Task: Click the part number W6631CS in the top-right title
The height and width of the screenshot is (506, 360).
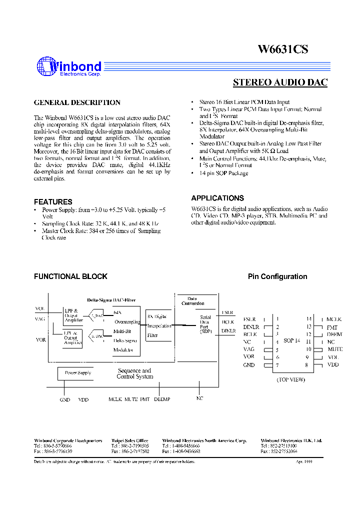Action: [x=282, y=49]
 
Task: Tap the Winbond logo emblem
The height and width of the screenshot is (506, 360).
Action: [x=45, y=67]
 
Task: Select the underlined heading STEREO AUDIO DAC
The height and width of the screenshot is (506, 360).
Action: [x=280, y=82]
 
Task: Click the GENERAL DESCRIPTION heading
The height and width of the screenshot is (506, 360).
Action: [x=77, y=102]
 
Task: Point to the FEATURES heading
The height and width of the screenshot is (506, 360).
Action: [x=53, y=201]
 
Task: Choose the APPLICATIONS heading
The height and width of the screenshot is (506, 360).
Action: [x=217, y=198]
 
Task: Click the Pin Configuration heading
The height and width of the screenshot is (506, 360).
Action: [x=277, y=276]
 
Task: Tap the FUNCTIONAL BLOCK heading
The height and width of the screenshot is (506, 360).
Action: [x=70, y=276]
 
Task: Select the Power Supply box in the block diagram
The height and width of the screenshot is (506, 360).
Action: [x=78, y=372]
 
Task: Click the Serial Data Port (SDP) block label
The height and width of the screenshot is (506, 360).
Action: [x=205, y=324]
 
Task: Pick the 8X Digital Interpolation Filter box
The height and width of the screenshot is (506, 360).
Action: [x=159, y=325]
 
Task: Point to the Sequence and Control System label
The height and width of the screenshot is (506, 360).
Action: [x=134, y=373]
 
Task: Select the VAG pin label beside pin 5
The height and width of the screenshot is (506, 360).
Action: [x=249, y=349]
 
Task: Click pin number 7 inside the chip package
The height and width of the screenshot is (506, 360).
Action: [x=277, y=365]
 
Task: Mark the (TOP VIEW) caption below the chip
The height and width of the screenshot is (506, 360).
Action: [x=291, y=379]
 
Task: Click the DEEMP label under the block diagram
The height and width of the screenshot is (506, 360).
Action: [x=162, y=399]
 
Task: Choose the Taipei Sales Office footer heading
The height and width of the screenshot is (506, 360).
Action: [x=129, y=440]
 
